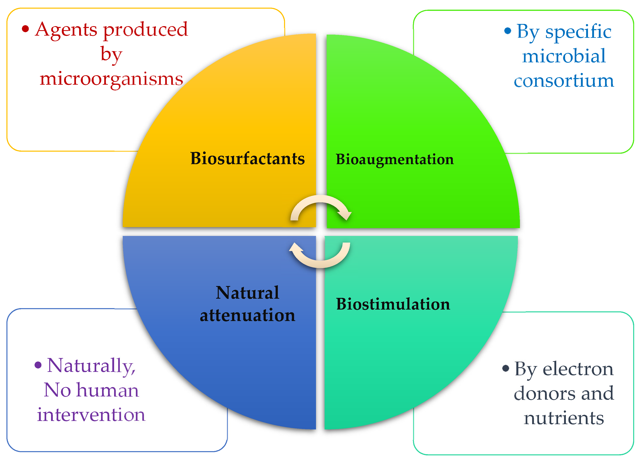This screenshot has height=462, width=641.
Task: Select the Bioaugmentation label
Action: pyautogui.click(x=395, y=159)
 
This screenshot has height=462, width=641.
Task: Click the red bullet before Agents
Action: pyautogui.click(x=26, y=29)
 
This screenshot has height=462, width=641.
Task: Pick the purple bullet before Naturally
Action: pyautogui.click(x=38, y=365)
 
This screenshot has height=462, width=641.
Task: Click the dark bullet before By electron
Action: pyautogui.click(x=506, y=368)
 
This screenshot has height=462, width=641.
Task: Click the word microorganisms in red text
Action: pyautogui.click(x=111, y=79)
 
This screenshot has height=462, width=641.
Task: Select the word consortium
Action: pyautogui.click(x=564, y=81)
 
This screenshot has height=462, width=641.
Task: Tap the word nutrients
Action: pyautogui.click(x=564, y=418)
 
